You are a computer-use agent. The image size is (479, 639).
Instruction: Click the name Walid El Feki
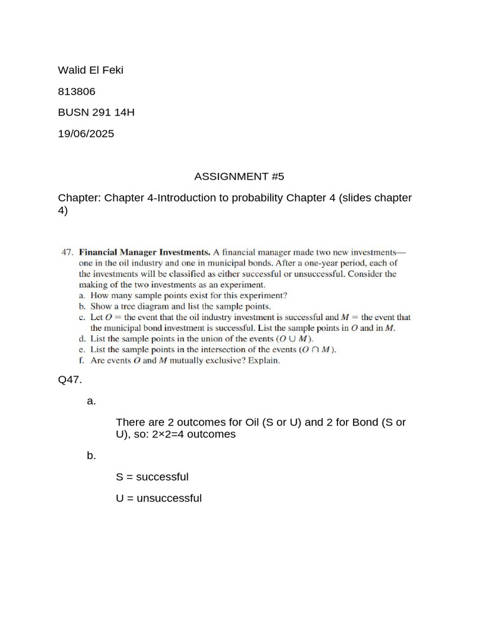click(90, 70)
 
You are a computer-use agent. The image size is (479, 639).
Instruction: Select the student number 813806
click(77, 91)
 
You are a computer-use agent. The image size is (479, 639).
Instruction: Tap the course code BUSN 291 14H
click(96, 112)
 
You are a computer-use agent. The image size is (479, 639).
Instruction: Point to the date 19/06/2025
click(86, 134)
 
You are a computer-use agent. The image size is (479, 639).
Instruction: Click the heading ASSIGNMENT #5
click(239, 176)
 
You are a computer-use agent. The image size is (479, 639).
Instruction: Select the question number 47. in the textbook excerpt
click(67, 253)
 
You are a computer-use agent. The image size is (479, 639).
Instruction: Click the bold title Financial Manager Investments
click(144, 253)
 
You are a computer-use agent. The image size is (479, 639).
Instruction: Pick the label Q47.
click(70, 379)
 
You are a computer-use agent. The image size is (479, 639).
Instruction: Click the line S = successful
click(152, 477)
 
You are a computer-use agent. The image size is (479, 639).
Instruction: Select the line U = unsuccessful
click(158, 498)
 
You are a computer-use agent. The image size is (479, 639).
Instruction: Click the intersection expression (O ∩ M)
click(318, 349)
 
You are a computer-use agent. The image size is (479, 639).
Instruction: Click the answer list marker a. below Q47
click(92, 401)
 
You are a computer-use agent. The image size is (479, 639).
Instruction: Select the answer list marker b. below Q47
click(92, 456)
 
